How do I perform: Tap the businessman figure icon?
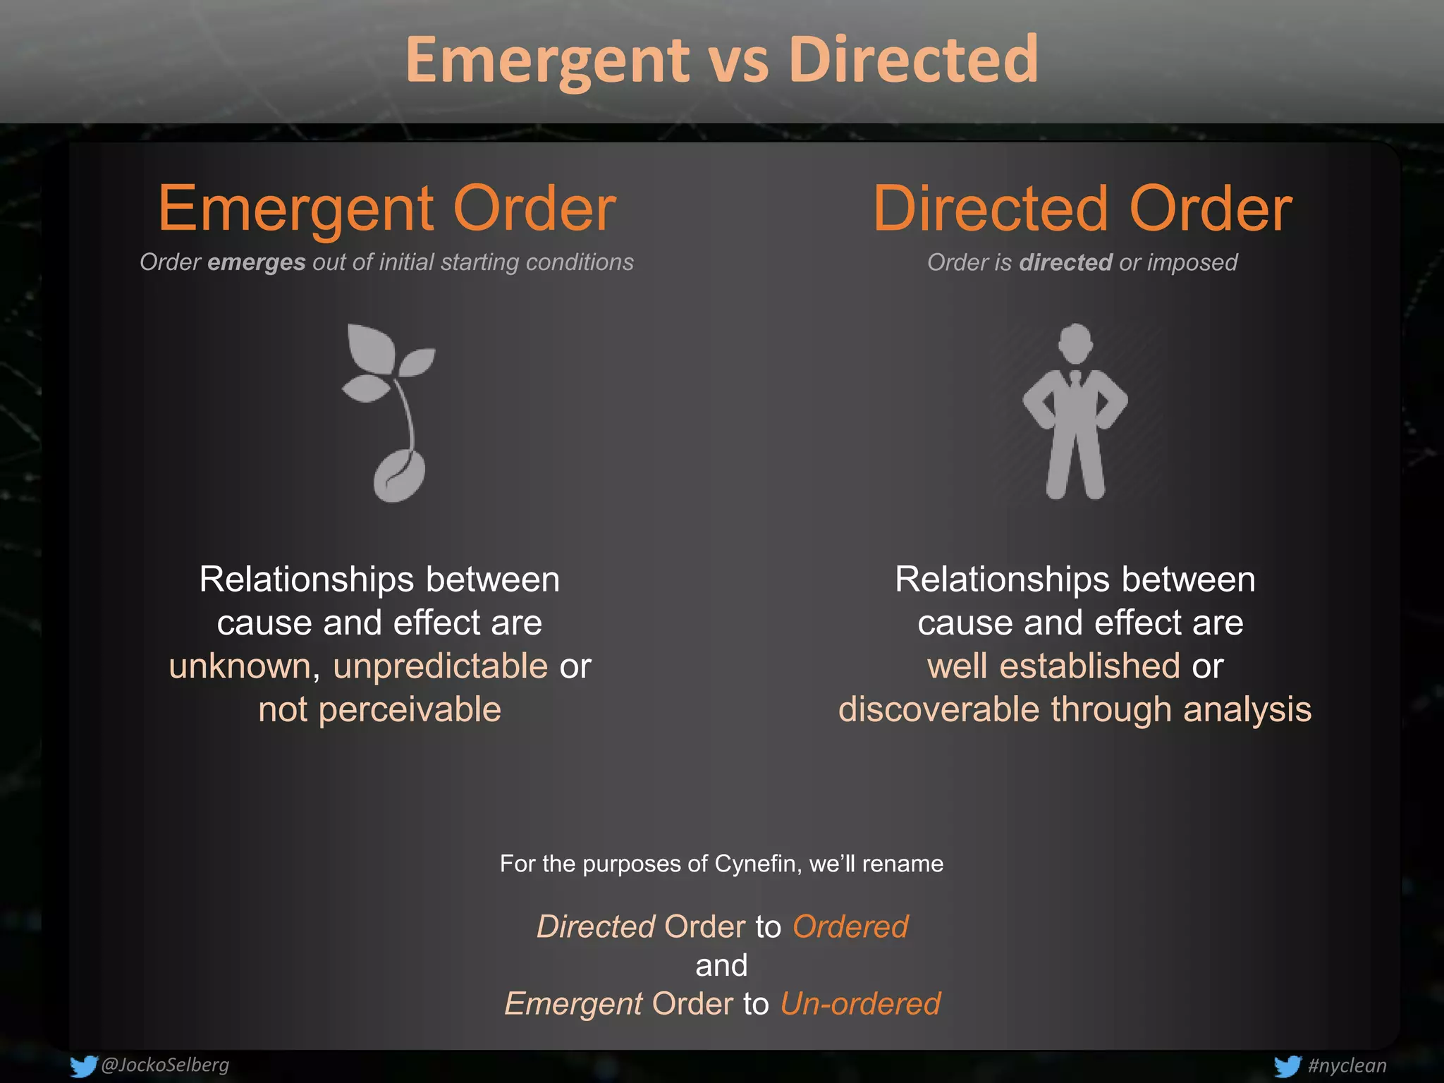click(1075, 411)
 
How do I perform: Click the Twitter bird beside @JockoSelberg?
click(83, 1065)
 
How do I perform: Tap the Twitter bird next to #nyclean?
click(1287, 1066)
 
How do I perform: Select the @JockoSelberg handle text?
click(165, 1065)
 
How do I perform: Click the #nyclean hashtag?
click(1347, 1065)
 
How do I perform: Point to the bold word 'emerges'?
click(256, 262)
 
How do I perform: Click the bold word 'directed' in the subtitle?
click(1065, 262)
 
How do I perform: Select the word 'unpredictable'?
click(440, 666)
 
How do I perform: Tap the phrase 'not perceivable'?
click(379, 709)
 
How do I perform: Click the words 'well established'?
click(1053, 666)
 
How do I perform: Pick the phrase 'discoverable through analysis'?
click(1075, 709)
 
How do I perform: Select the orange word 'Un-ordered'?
click(860, 1003)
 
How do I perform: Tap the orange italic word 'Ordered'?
click(850, 926)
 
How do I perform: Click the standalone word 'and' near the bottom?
click(721, 965)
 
